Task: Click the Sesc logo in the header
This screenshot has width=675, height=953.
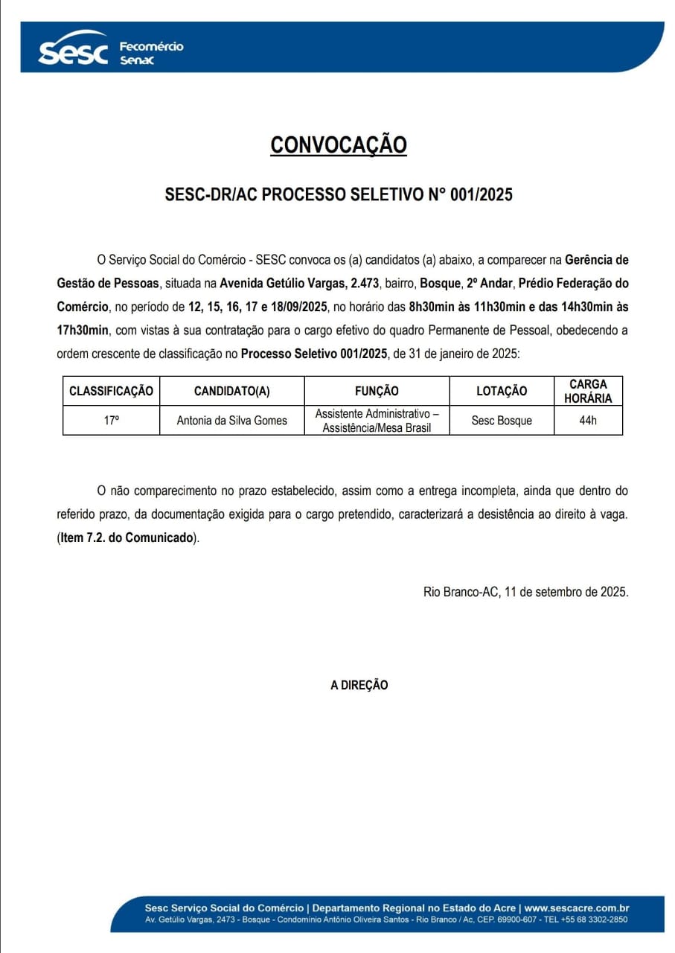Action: (x=73, y=51)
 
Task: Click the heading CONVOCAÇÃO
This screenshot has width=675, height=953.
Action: (x=339, y=144)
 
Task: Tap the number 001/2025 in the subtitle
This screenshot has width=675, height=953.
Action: (x=482, y=195)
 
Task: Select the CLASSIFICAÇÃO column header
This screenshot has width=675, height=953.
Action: (x=111, y=391)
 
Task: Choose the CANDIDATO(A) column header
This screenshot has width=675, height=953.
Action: (x=231, y=391)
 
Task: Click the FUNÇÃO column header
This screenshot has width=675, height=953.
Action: (x=377, y=391)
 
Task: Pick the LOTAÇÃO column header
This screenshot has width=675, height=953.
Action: (x=502, y=391)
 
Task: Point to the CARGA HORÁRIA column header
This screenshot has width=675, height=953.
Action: (x=588, y=391)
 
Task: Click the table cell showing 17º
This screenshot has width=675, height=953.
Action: (x=111, y=420)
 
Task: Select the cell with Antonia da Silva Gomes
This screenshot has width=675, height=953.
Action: (x=231, y=421)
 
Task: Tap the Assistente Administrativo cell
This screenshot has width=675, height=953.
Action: (x=377, y=420)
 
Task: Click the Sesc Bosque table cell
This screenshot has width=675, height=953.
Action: (x=502, y=421)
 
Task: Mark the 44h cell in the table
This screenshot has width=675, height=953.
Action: (x=588, y=421)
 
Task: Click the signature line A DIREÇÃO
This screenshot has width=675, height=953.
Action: (x=359, y=685)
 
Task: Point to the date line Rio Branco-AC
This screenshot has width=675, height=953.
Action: (x=525, y=592)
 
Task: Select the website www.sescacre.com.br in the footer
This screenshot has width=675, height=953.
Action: (x=577, y=908)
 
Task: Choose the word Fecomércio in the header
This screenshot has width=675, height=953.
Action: (x=151, y=46)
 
